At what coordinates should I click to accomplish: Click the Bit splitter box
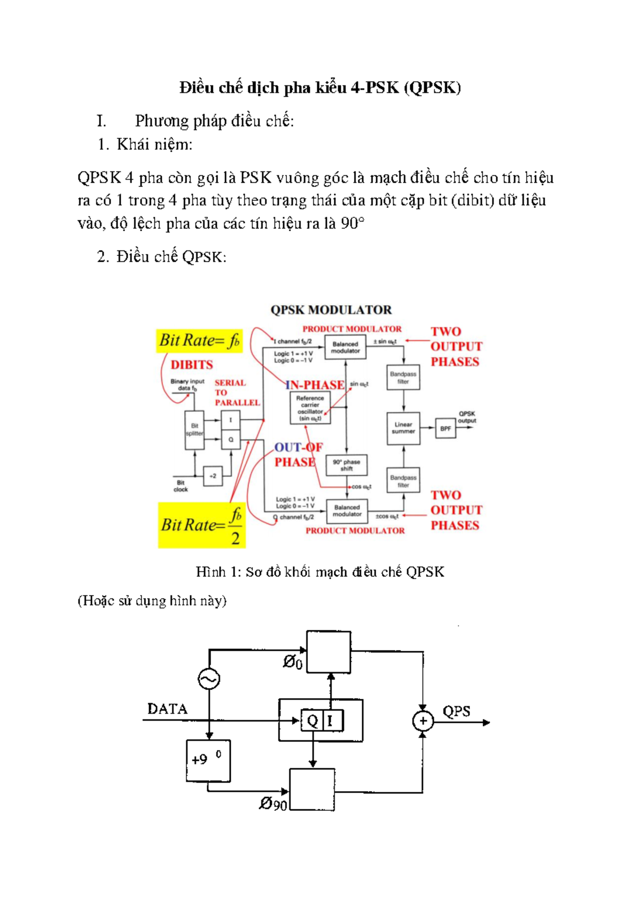[x=194, y=429]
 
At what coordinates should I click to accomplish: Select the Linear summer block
[x=403, y=428]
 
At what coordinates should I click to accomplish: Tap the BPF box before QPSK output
[x=445, y=428]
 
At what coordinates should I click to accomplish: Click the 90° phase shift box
[x=347, y=465]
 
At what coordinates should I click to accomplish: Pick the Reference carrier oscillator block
[x=310, y=408]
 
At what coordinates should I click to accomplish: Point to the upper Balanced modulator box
[x=345, y=347]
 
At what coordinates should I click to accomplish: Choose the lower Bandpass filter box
[x=403, y=481]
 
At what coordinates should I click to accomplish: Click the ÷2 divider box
[x=213, y=476]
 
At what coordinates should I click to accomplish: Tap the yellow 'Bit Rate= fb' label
[x=199, y=340]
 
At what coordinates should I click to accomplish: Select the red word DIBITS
[x=191, y=365]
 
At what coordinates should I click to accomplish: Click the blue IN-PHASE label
[x=315, y=385]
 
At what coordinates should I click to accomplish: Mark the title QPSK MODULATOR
[x=331, y=310]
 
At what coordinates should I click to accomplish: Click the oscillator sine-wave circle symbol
[x=209, y=679]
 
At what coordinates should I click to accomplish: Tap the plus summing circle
[x=423, y=721]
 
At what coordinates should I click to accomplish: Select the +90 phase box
[x=208, y=760]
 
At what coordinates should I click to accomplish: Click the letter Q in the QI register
[x=312, y=721]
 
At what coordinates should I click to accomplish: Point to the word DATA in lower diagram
[x=167, y=709]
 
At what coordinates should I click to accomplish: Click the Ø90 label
[x=273, y=804]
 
